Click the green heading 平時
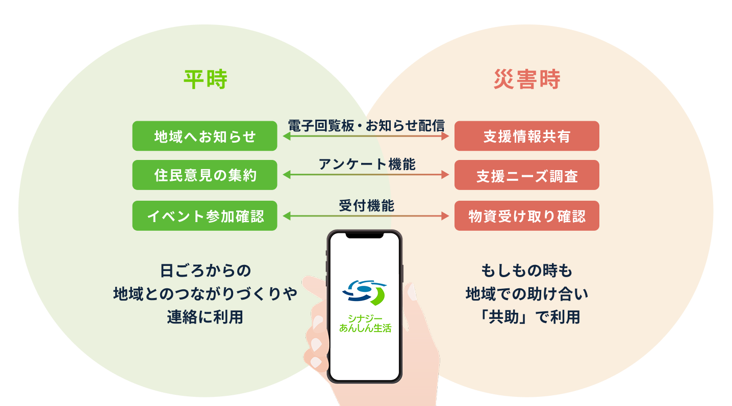(x=206, y=80)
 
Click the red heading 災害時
(x=526, y=80)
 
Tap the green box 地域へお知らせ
(x=205, y=136)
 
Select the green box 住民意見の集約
(x=205, y=175)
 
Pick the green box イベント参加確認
(x=205, y=215)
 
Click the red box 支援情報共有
(x=526, y=136)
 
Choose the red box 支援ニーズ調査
(x=526, y=175)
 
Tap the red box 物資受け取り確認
(x=526, y=215)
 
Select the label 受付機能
(x=366, y=205)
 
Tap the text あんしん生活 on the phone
(x=365, y=329)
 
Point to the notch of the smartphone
(x=365, y=235)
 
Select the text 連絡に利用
(x=206, y=317)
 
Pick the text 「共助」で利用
(x=526, y=317)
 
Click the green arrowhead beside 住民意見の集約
(x=286, y=175)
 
